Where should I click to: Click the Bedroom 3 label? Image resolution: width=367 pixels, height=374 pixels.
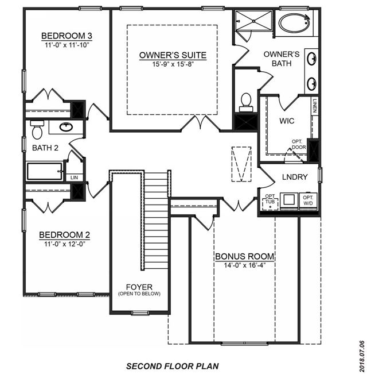click(67, 36)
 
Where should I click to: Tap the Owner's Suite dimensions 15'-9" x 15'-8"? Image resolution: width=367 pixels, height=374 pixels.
click(173, 64)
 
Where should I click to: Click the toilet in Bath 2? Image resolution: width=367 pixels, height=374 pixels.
click(37, 129)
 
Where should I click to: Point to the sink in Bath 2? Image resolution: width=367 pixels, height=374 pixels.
click(66, 127)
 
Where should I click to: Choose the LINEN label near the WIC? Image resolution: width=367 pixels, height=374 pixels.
click(315, 106)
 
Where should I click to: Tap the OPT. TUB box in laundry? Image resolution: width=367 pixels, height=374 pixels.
click(270, 202)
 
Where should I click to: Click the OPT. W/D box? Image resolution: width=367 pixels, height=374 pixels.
click(308, 201)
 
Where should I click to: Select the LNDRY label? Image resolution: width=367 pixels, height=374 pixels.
click(295, 177)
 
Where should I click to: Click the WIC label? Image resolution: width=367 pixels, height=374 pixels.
click(287, 121)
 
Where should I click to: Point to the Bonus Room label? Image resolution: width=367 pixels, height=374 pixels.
click(244, 256)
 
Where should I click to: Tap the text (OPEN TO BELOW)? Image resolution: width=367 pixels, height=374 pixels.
click(139, 294)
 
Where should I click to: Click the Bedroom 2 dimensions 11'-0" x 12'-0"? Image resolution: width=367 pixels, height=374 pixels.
click(64, 244)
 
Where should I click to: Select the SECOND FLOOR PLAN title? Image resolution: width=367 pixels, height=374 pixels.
click(173, 366)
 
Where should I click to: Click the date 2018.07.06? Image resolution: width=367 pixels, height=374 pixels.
click(362, 356)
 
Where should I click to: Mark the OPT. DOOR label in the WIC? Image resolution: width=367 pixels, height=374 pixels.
click(299, 145)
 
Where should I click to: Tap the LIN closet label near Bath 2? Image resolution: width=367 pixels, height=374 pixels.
click(74, 178)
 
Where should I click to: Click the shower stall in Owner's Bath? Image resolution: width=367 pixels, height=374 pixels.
click(253, 21)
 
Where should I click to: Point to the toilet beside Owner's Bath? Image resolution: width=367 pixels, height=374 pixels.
click(245, 102)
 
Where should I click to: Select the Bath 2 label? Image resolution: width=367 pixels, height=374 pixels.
click(45, 148)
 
